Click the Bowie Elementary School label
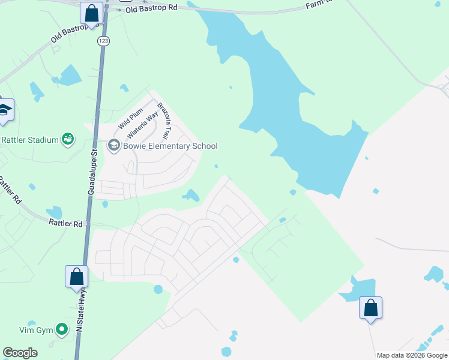[x=170, y=146]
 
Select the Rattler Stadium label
[x=30, y=140]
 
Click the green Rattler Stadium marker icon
[x=68, y=139]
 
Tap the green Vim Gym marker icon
[x=61, y=329]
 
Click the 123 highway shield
[x=103, y=40]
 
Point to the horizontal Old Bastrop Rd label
[x=152, y=9]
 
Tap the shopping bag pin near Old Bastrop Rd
[x=91, y=12]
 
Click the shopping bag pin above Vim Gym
[x=76, y=277]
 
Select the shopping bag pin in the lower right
[x=370, y=308]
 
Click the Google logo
[x=20, y=353]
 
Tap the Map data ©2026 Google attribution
[x=412, y=355]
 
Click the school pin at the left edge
[x=5, y=110]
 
